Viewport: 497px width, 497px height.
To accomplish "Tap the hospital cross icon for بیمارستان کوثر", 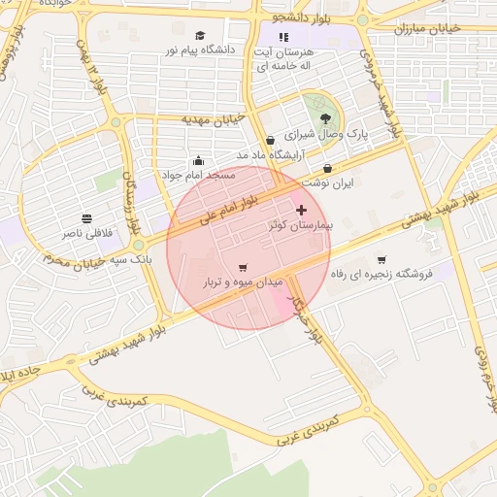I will pyautogui.click(x=300, y=210).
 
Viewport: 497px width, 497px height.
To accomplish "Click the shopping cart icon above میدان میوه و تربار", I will pyautogui.click(x=242, y=267).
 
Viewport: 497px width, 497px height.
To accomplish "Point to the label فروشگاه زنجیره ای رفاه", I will pyautogui.click(x=381, y=275).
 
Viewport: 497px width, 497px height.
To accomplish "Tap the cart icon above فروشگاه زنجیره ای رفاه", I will pyautogui.click(x=381, y=259).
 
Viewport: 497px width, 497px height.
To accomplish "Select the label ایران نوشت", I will pyautogui.click(x=327, y=182).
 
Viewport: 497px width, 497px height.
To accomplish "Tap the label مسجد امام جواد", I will pyautogui.click(x=198, y=176).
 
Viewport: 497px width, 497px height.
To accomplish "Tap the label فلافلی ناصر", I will pyautogui.click(x=87, y=234).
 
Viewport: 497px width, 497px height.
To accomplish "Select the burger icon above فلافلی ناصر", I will pyautogui.click(x=87, y=218).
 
